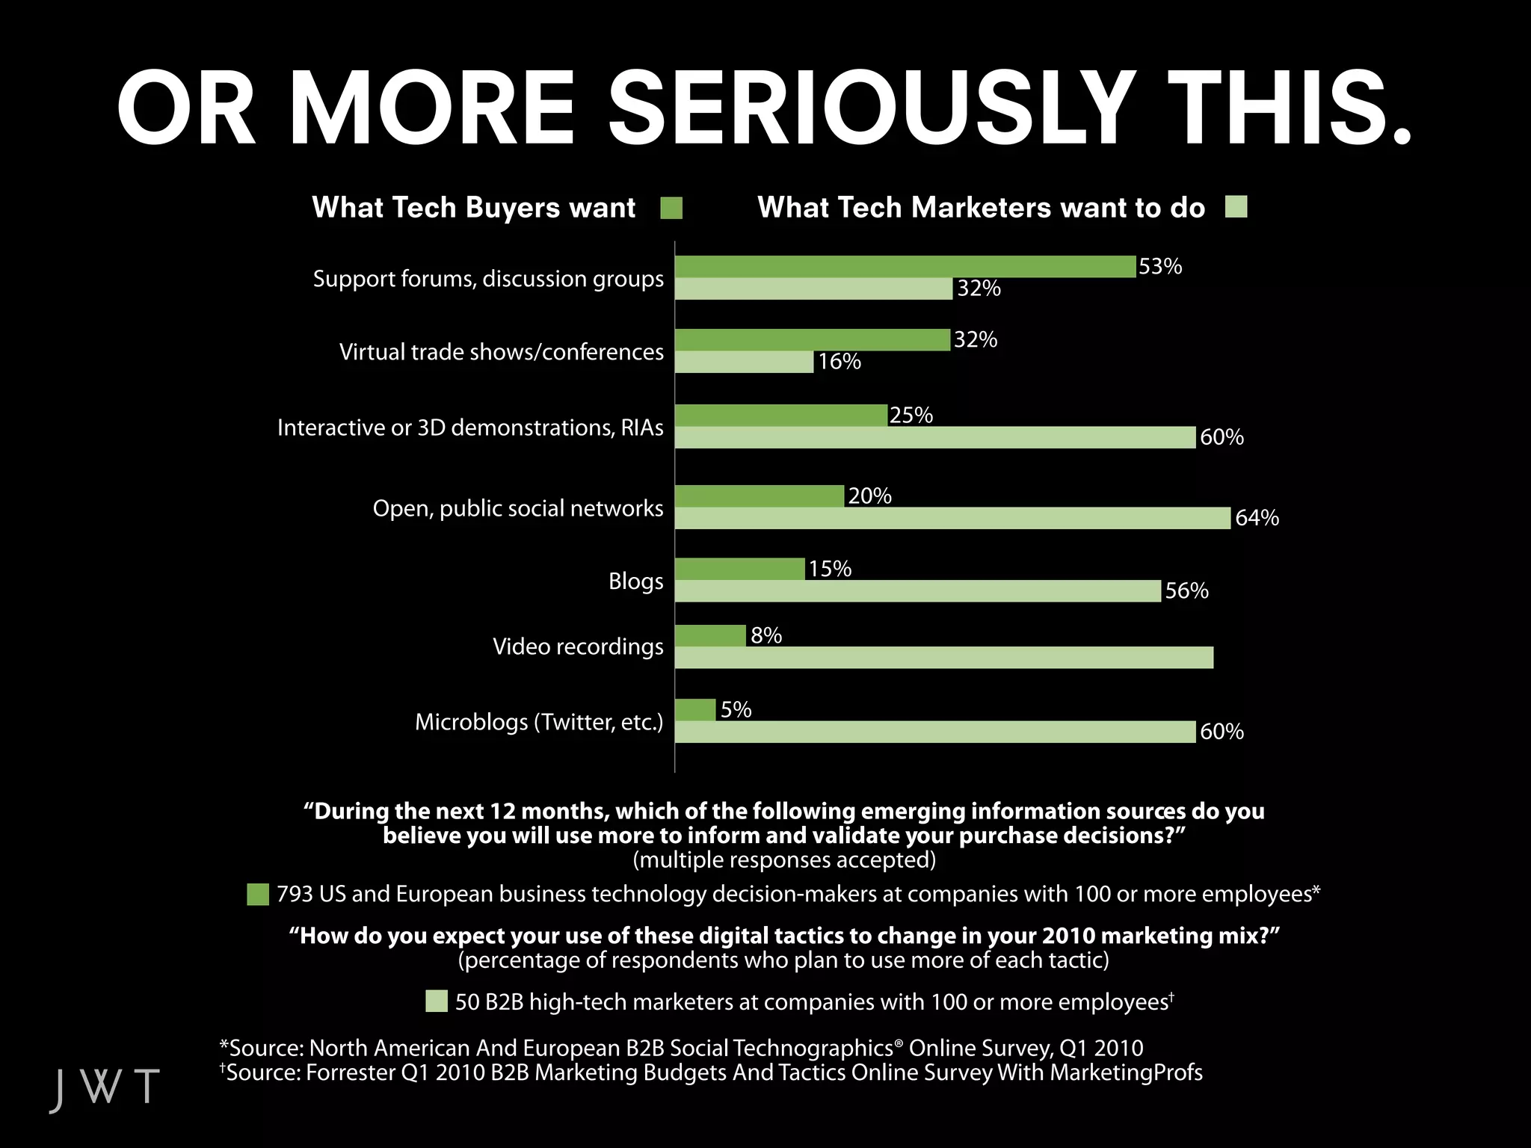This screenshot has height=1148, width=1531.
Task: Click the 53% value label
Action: tap(1159, 267)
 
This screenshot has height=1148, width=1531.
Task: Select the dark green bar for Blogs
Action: tap(739, 570)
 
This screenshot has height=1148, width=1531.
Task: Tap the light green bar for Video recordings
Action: tap(943, 658)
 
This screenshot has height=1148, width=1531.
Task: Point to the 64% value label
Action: tap(1257, 518)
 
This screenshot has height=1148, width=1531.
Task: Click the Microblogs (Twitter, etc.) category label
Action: tap(539, 722)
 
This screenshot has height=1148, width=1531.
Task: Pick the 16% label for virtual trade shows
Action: tap(839, 362)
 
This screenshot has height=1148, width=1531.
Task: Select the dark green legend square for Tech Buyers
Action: tap(671, 209)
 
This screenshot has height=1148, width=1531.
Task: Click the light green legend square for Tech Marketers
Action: tap(1236, 207)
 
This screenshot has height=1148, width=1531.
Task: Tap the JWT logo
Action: tap(105, 1087)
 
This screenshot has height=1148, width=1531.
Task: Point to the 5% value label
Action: tap(736, 709)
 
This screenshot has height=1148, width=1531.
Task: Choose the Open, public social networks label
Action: tap(517, 508)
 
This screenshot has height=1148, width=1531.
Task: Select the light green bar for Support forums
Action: tap(813, 288)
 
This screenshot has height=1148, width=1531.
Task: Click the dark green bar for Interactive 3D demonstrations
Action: tap(780, 416)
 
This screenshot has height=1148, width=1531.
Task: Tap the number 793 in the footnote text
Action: tap(295, 894)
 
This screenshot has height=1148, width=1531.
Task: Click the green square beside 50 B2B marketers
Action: tap(437, 1002)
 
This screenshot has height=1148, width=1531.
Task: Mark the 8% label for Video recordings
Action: tap(766, 636)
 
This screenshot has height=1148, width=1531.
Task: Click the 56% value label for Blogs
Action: tap(1186, 591)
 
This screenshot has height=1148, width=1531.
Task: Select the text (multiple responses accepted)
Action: tap(784, 860)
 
